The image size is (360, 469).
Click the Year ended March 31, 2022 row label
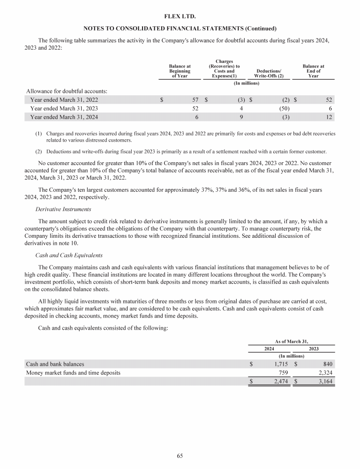(x=64, y=99)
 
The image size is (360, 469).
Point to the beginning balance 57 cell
(x=195, y=99)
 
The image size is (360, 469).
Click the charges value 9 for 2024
(x=240, y=117)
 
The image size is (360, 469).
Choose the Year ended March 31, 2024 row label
(x=64, y=117)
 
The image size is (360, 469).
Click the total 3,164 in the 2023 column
(x=323, y=382)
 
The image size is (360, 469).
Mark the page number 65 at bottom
(x=180, y=455)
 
